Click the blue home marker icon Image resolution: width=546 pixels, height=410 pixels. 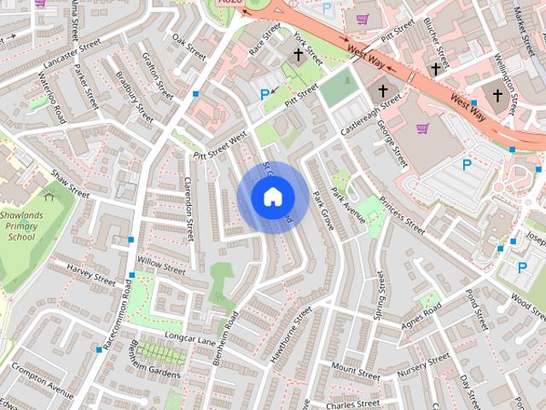[x=271, y=196]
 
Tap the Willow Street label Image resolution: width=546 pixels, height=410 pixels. [x=160, y=265]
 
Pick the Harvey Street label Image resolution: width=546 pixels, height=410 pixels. [x=91, y=275]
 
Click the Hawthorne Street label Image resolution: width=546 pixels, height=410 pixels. [x=285, y=342]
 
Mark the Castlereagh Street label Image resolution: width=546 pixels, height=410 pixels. [x=369, y=116]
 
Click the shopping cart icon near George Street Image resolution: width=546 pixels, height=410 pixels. [x=421, y=129]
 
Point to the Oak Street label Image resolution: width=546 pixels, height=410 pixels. [x=189, y=47]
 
